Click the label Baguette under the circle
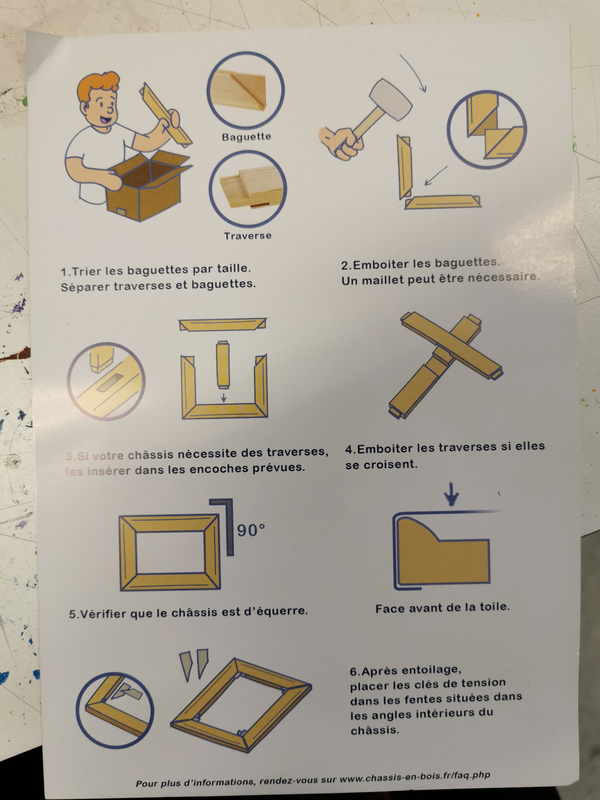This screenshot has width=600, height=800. [246, 137]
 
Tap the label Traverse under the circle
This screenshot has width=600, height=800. [247, 236]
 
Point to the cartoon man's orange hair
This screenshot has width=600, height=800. [98, 86]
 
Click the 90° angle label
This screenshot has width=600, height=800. [251, 530]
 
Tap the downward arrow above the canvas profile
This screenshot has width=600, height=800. [452, 494]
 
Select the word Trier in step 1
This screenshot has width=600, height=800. [87, 271]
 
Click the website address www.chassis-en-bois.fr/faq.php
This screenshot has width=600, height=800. [415, 777]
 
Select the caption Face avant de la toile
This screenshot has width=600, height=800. [442, 608]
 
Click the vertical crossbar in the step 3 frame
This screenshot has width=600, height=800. [223, 365]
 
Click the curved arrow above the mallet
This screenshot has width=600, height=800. [414, 72]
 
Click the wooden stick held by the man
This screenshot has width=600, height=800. [166, 115]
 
